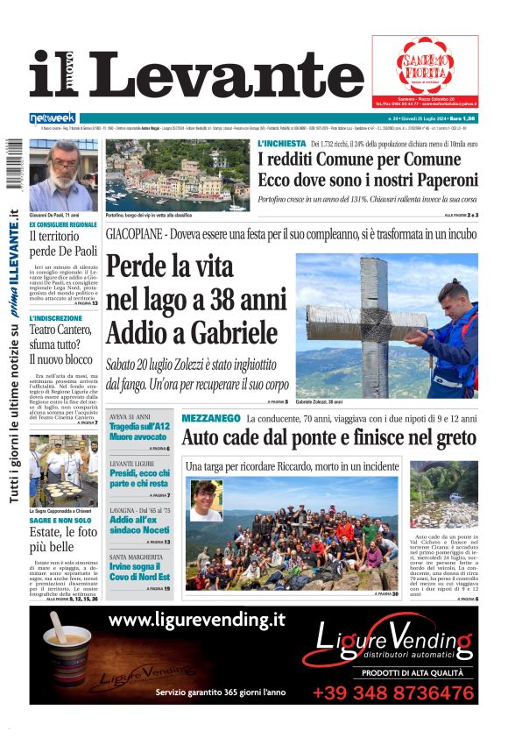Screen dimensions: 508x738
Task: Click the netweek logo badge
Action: [x=53, y=117]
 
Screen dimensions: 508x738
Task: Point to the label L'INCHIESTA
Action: [x=281, y=143]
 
